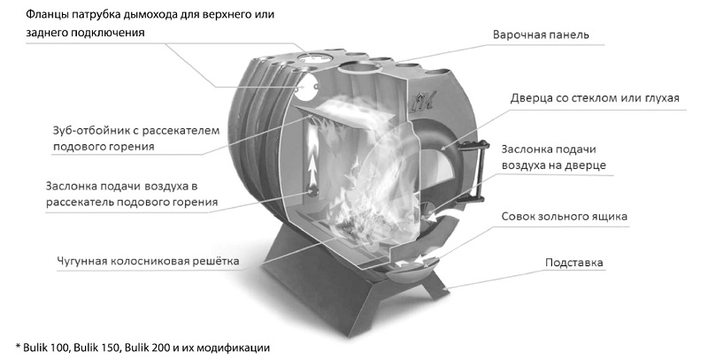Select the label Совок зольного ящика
564,215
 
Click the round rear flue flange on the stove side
310,87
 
